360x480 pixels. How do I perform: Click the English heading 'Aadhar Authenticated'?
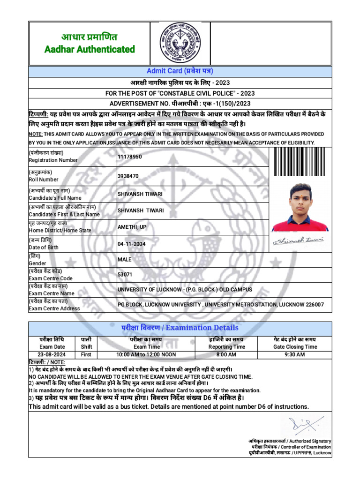coord(90,49)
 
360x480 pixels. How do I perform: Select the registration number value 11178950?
coord(129,157)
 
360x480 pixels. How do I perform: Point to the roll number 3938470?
coord(128,176)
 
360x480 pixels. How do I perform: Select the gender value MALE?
coord(125,259)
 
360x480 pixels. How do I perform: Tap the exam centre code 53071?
coord(125,274)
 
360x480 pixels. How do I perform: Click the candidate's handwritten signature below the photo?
coord(300,240)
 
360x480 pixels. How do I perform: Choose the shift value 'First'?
coord(86,354)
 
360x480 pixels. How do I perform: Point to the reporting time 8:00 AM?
coord(227,354)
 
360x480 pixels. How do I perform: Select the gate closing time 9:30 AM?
coord(295,354)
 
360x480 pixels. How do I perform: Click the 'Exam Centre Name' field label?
coord(52,293)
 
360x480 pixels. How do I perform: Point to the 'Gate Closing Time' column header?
coord(295,347)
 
